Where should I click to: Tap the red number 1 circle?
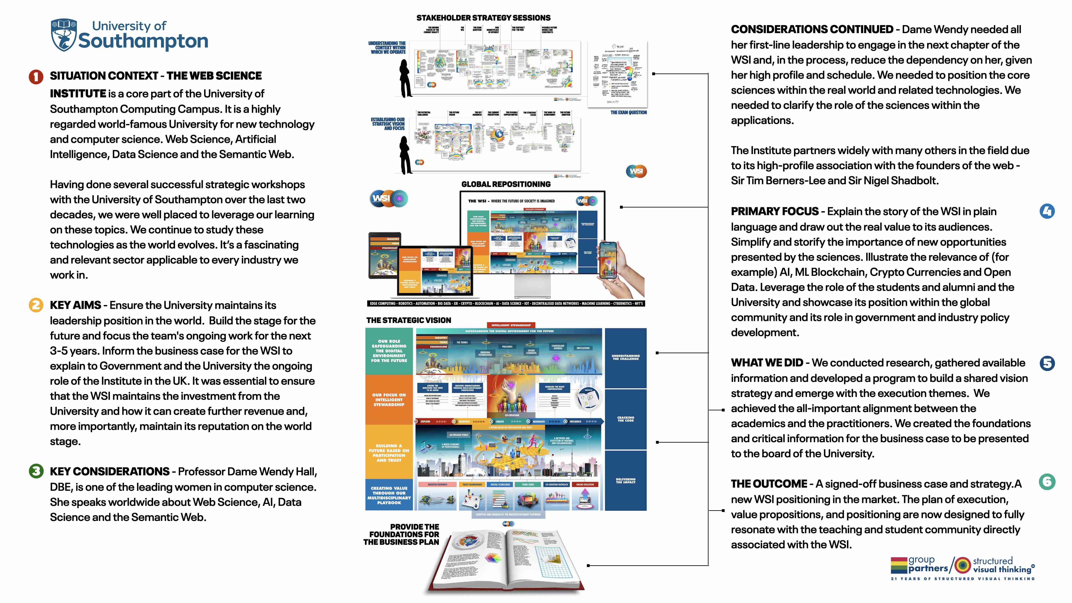(x=36, y=77)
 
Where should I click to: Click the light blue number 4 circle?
(x=1047, y=211)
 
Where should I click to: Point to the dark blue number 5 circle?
(x=1047, y=363)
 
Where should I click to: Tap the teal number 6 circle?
(x=1047, y=482)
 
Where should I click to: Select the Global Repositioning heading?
(x=506, y=184)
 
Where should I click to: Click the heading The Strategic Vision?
(x=409, y=320)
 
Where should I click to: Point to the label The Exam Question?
(x=628, y=112)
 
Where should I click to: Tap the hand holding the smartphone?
(x=616, y=266)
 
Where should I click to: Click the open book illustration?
(x=506, y=558)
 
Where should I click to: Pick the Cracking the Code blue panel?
(x=625, y=419)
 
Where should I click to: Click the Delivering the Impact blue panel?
(x=625, y=481)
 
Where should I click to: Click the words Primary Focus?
(x=774, y=211)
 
